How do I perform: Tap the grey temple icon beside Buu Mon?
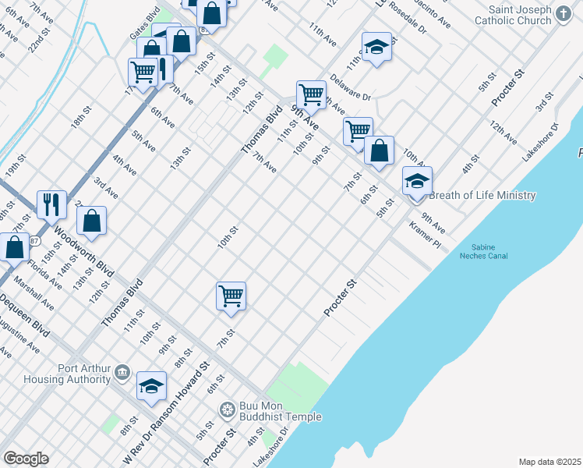[x=227, y=408]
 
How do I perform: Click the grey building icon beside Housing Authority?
[x=122, y=372]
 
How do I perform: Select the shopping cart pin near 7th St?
[x=231, y=296]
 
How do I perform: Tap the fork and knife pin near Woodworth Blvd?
[x=51, y=205]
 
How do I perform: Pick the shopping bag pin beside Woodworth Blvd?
[x=91, y=221]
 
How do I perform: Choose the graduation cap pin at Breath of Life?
[x=417, y=182]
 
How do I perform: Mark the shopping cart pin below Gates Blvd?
[x=143, y=73]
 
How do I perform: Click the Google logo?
[x=26, y=459]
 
